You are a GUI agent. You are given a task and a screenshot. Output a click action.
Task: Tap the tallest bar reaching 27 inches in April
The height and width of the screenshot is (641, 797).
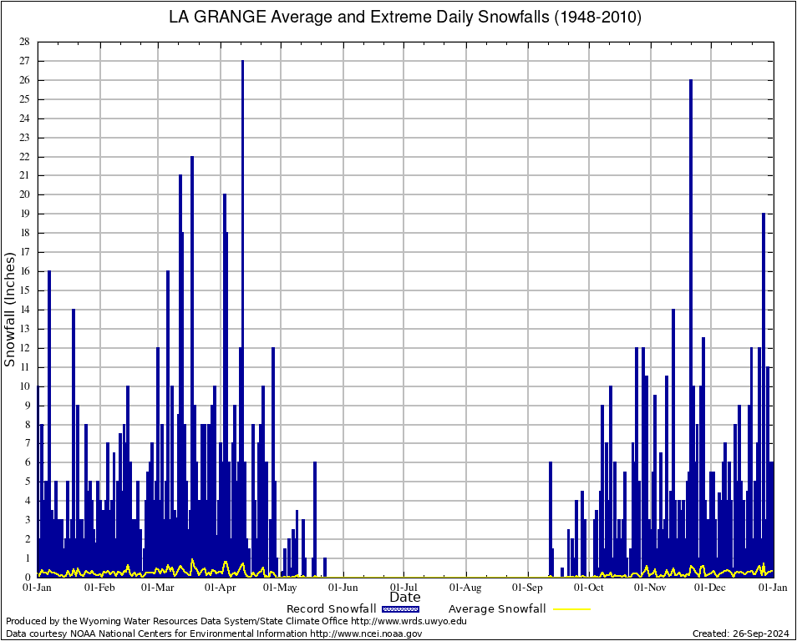point(242,317)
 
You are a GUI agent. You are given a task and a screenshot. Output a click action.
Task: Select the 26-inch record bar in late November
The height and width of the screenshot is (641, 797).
point(691,326)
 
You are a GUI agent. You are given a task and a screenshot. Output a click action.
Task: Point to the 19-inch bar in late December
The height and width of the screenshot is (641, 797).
point(764,392)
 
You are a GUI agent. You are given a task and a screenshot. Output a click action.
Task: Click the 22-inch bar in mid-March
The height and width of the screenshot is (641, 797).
point(192,367)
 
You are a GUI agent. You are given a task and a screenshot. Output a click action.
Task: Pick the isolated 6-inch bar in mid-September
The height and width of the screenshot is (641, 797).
point(550,517)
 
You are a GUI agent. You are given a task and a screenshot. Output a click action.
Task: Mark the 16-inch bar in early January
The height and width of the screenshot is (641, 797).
point(49,417)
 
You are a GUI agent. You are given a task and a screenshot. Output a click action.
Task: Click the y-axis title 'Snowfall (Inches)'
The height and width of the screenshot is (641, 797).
point(10,308)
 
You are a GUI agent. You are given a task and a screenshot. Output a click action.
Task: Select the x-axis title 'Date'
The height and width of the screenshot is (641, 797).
point(405,597)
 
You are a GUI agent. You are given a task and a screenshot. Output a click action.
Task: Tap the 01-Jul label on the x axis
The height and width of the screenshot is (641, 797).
point(404,587)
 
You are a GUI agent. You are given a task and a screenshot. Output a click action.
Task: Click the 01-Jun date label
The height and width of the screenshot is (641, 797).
point(343,587)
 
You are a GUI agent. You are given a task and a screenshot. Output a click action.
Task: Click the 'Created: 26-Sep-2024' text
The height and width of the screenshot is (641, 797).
point(741,633)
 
